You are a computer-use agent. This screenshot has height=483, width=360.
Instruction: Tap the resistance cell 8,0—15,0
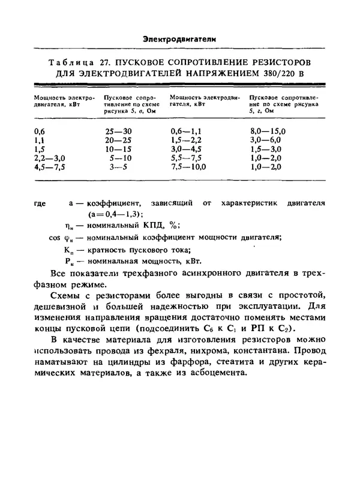pyautogui.click(x=268, y=130)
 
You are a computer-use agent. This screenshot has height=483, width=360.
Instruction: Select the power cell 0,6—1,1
pyautogui.click(x=185, y=130)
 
